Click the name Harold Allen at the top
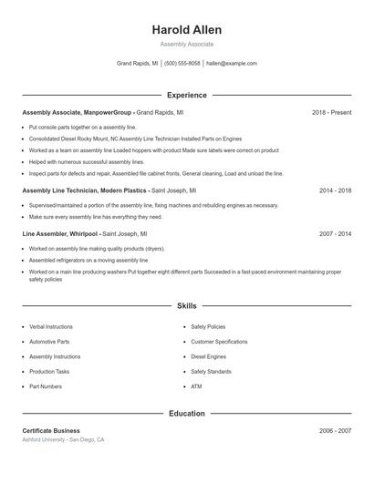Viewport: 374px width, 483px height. point(186,30)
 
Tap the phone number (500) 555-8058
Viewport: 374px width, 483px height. point(182,64)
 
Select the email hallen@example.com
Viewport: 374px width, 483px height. point(232,64)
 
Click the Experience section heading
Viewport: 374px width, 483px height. point(186,95)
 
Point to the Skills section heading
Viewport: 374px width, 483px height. point(186,307)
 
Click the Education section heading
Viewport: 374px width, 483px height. point(186,413)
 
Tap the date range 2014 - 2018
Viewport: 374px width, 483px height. point(335,190)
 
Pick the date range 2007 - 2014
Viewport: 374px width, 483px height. point(335,233)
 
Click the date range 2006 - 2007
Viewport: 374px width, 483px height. point(335,430)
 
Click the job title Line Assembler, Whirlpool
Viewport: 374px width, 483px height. point(58,233)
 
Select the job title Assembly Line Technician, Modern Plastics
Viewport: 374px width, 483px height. point(84,190)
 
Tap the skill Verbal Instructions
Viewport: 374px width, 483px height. point(50,326)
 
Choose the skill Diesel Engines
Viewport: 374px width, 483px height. point(208,356)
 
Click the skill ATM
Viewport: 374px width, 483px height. point(196,386)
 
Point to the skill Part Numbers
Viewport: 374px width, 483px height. point(46,386)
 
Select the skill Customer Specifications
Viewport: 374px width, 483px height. point(219,341)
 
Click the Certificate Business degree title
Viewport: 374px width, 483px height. point(51,430)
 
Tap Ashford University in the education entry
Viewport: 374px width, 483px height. point(44,439)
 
